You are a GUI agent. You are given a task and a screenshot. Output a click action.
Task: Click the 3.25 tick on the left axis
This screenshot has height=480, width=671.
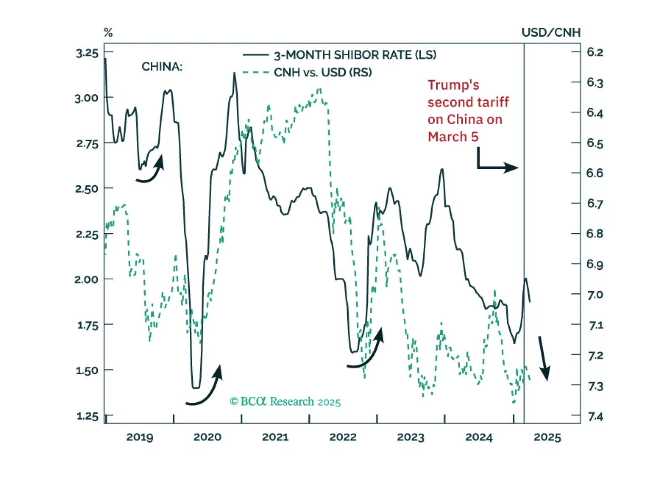[x=87, y=53]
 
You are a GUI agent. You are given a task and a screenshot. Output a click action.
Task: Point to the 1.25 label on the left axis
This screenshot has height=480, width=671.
[x=87, y=416]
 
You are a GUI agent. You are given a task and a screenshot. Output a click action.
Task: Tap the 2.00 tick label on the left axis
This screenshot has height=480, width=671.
[x=86, y=279]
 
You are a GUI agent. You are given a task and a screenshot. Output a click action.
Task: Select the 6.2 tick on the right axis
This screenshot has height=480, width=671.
[x=595, y=52]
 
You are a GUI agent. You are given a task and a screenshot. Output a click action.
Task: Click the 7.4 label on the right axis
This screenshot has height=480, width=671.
[x=595, y=417]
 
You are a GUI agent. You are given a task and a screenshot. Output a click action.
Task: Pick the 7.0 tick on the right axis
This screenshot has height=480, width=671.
[x=595, y=295]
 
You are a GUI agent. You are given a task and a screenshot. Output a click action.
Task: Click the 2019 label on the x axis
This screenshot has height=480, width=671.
[x=140, y=437]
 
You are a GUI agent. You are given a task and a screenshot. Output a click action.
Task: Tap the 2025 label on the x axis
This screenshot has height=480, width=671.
[x=547, y=437]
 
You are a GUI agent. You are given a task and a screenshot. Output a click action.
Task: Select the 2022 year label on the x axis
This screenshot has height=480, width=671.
[x=343, y=437]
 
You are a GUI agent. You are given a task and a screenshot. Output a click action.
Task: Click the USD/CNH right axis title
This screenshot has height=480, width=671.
[x=551, y=33]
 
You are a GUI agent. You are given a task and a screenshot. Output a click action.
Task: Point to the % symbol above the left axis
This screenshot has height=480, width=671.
[x=108, y=33]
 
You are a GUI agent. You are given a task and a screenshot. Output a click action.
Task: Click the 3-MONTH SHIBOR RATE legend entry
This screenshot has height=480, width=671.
[x=355, y=55]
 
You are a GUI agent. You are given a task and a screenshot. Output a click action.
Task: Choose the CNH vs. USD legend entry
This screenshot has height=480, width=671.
[x=322, y=73]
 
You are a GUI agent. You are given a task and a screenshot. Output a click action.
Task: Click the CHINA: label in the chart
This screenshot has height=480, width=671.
[x=162, y=67]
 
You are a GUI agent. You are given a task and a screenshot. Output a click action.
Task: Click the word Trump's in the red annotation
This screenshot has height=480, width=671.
[x=453, y=85]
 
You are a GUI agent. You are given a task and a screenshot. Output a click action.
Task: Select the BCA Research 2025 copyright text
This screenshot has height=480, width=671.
[x=285, y=402]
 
